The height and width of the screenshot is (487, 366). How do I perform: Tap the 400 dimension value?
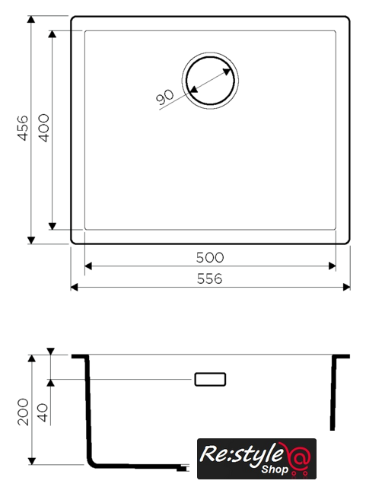(x=44, y=128)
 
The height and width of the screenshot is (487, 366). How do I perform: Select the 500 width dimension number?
(x=210, y=257)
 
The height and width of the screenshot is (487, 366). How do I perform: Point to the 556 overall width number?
(x=210, y=279)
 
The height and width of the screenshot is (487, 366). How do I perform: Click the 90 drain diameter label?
(x=165, y=97)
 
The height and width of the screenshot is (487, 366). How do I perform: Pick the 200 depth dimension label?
(x=24, y=412)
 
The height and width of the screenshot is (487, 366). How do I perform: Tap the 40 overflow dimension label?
(x=43, y=412)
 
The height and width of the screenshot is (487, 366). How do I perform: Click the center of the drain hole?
(x=210, y=81)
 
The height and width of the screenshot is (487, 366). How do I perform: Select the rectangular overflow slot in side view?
(x=210, y=379)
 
